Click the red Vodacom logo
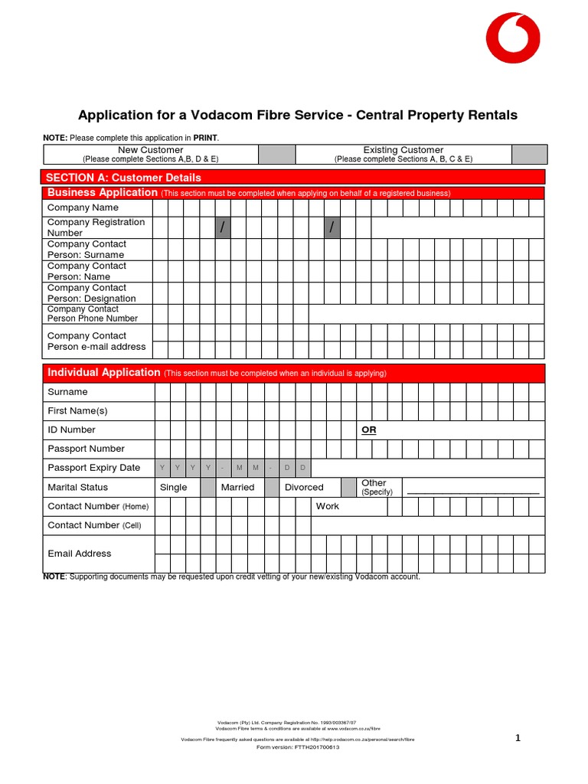514,38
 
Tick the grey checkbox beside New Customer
276,155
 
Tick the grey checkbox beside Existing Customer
529,155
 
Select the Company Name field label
83,207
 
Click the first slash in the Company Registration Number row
223,227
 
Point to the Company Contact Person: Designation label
91,293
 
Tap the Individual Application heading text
104,373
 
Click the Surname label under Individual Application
67,392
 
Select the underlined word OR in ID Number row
369,430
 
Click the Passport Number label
86,449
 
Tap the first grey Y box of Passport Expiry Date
162,468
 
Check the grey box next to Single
207,488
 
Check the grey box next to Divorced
348,488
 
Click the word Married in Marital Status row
237,488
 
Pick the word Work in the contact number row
328,506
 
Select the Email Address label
79,554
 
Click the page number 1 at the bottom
518,738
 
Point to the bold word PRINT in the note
205,138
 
